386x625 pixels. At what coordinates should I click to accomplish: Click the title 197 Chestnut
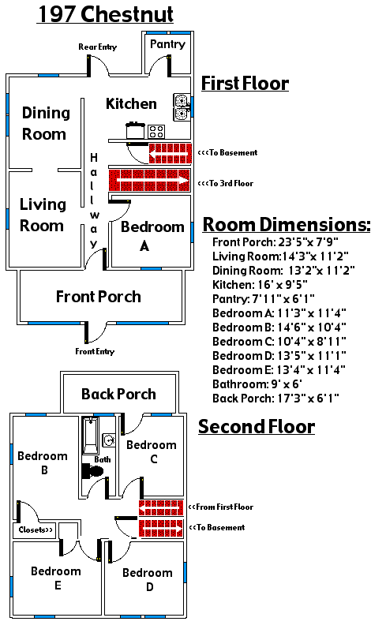(x=106, y=14)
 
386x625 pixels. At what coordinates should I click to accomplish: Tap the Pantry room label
(x=167, y=44)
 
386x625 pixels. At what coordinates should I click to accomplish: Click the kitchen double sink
(x=182, y=107)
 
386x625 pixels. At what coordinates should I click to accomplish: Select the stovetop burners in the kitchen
(x=156, y=132)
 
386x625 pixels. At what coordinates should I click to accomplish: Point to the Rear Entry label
(x=98, y=47)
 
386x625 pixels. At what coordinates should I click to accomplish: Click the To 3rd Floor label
(x=226, y=183)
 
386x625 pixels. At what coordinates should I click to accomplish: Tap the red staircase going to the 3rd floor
(x=149, y=180)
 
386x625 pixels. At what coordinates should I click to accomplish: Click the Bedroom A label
(x=152, y=236)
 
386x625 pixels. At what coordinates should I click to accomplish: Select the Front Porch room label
(x=99, y=297)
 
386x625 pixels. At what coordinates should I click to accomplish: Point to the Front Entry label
(x=95, y=351)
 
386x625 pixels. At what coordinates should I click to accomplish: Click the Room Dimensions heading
(x=287, y=224)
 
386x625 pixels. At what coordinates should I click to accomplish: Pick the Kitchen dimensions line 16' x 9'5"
(x=260, y=285)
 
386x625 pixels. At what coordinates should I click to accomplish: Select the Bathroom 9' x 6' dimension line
(x=257, y=384)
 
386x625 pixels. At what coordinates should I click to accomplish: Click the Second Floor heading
(x=257, y=426)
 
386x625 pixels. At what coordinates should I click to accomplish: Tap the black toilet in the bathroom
(x=92, y=471)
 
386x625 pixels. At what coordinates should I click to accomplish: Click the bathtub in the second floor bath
(x=91, y=436)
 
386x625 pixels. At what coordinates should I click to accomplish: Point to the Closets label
(x=36, y=530)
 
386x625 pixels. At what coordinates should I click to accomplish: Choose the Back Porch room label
(x=119, y=394)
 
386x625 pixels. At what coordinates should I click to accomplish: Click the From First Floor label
(x=221, y=507)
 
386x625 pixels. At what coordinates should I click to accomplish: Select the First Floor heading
(x=245, y=84)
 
